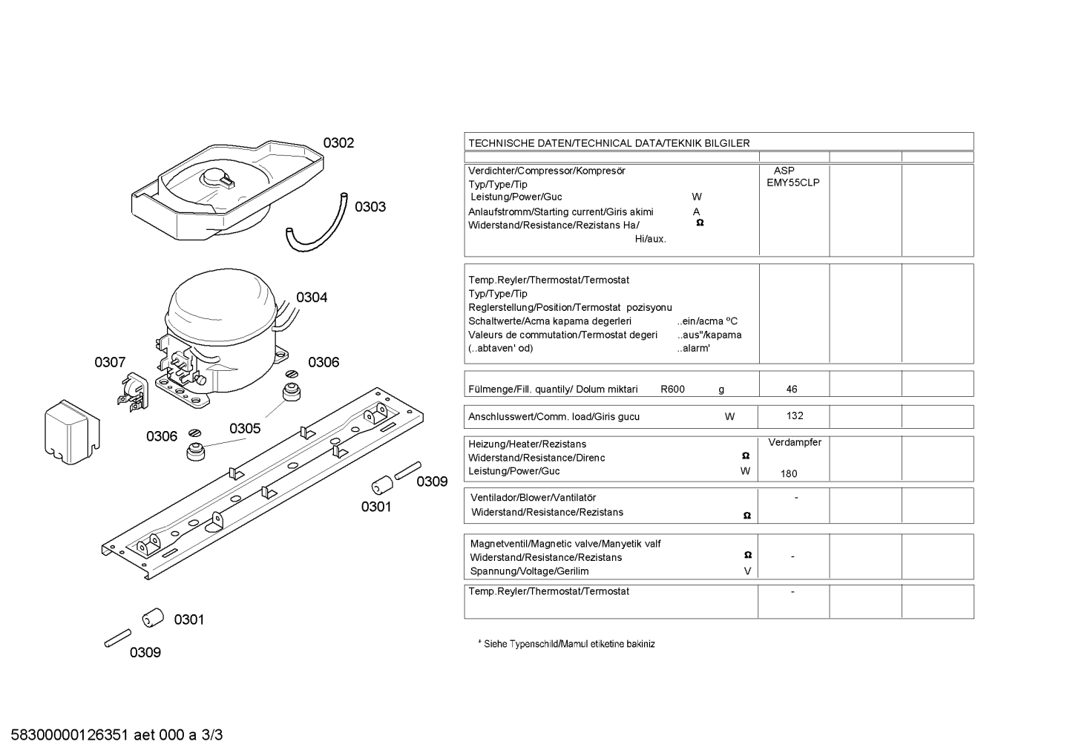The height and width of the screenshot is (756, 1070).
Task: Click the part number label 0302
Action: click(x=338, y=142)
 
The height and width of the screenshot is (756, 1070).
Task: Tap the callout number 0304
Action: click(x=312, y=298)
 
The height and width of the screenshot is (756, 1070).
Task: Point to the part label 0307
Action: click(x=110, y=363)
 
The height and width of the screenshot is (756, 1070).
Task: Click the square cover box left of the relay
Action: click(x=72, y=432)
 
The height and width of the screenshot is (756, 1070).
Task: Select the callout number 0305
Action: click(x=245, y=428)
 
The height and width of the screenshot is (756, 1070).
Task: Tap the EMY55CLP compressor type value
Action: click(x=793, y=183)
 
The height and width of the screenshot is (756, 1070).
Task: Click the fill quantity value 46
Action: click(x=792, y=389)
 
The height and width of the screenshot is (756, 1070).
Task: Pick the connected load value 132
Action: click(x=795, y=416)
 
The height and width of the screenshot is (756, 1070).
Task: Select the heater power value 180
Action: click(x=789, y=474)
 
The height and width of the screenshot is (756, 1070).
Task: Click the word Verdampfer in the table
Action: click(x=795, y=443)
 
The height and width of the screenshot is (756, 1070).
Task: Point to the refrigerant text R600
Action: click(x=672, y=389)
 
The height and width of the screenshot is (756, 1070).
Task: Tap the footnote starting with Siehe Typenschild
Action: click(x=566, y=644)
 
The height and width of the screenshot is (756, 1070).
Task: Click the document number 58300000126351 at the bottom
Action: click(x=70, y=735)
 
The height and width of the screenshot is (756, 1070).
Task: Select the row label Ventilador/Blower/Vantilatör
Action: click(x=533, y=498)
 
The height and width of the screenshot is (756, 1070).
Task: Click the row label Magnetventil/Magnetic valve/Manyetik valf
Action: click(x=565, y=544)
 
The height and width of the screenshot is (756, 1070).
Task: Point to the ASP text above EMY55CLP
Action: click(x=784, y=171)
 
